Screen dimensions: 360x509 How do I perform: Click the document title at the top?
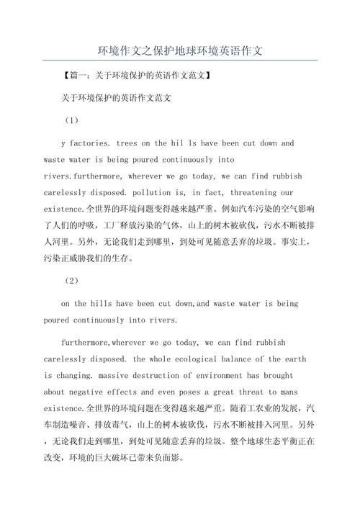[x=180, y=51]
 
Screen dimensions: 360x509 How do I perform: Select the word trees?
[x=127, y=143]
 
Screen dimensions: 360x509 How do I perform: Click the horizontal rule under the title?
[x=180, y=60]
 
